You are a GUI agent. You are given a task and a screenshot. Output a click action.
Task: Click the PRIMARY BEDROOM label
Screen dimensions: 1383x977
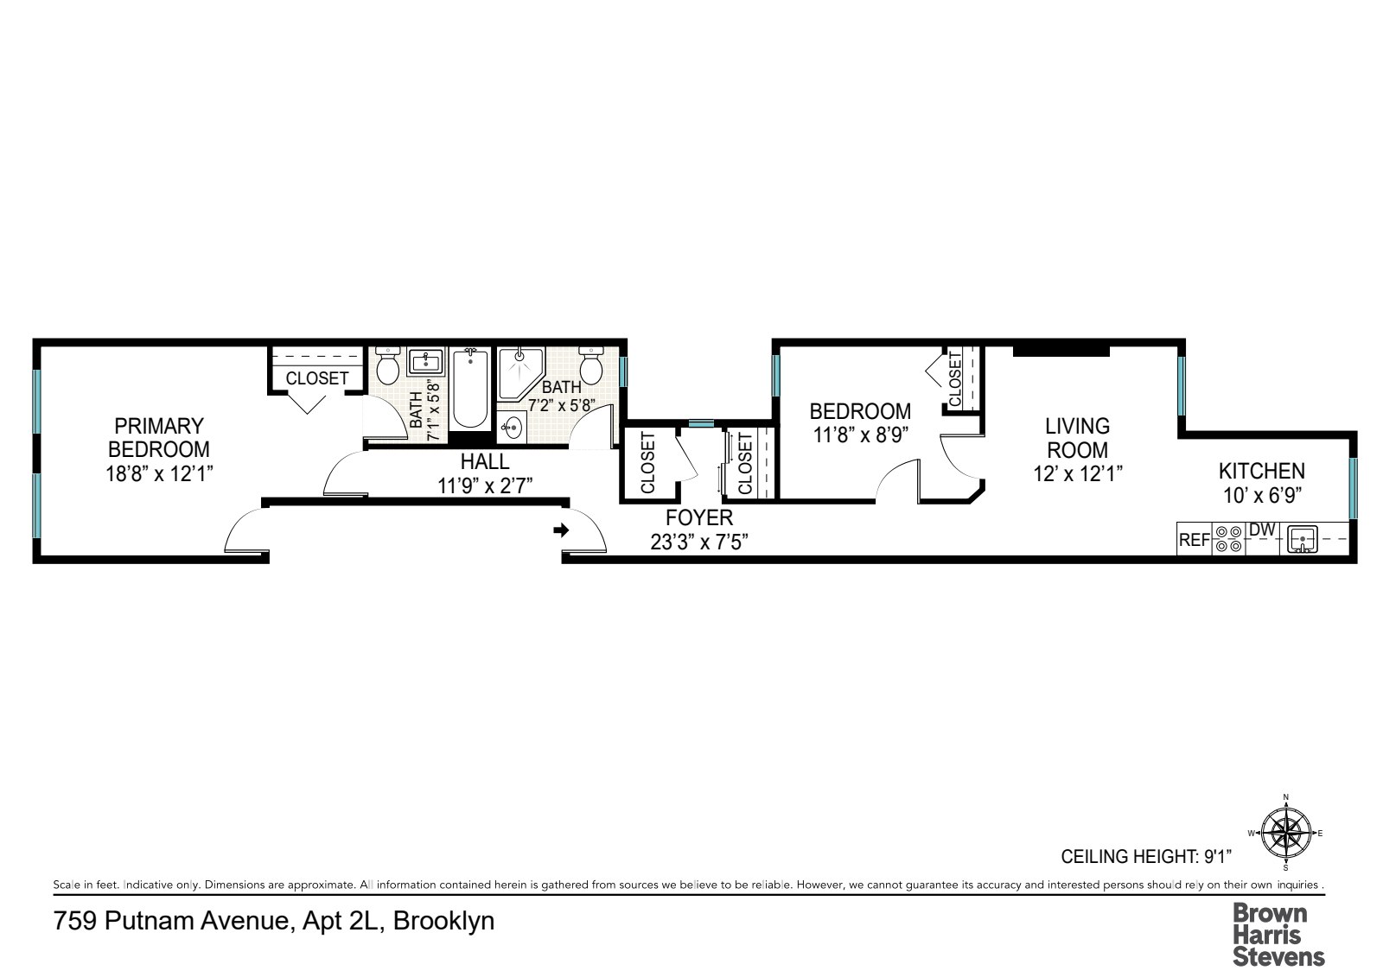click(x=159, y=438)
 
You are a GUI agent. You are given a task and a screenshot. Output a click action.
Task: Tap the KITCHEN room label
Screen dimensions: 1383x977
click(x=1261, y=471)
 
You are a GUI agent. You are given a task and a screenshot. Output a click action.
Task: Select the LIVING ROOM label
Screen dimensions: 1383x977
click(x=1077, y=438)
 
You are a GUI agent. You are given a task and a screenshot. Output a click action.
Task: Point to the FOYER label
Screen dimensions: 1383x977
click(x=699, y=517)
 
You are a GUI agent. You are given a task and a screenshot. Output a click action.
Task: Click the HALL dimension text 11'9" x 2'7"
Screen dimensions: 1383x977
click(x=485, y=485)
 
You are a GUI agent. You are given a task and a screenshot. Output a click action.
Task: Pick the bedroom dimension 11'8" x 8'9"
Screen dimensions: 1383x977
click(x=860, y=435)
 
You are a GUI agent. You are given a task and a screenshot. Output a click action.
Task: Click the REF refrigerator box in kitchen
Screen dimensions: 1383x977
click(x=1194, y=539)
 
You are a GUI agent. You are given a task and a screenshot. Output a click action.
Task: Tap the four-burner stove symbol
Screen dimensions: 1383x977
click(x=1228, y=539)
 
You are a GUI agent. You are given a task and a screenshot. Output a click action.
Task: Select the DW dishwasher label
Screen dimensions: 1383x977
click(x=1262, y=530)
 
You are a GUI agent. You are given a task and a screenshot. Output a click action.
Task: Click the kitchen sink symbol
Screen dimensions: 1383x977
click(x=1302, y=539)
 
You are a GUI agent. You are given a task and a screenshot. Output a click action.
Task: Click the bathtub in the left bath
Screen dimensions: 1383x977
click(x=470, y=388)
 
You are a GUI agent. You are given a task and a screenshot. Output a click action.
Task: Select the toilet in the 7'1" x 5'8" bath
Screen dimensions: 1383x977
click(x=388, y=365)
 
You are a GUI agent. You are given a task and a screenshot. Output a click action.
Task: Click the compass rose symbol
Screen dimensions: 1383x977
click(x=1286, y=833)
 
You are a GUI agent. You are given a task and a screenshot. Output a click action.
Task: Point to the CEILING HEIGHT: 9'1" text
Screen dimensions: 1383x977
click(x=1146, y=856)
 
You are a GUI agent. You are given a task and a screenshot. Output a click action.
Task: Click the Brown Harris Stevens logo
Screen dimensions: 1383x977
click(x=1278, y=935)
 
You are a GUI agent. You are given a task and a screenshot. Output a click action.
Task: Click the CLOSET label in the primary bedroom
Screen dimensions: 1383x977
click(x=316, y=377)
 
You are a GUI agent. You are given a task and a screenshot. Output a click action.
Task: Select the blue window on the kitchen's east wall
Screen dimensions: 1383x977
click(x=1354, y=488)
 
